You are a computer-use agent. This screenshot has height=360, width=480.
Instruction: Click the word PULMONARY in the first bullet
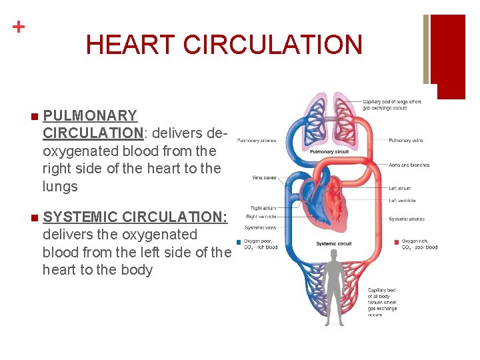pos(90,116)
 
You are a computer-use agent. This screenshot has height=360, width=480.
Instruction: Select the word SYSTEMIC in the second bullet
pos(80,217)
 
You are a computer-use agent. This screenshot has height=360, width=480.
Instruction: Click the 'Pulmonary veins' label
pos(406,141)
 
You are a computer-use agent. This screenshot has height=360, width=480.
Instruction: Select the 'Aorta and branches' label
pos(409,165)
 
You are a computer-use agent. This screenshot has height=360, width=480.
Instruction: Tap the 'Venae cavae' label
pos(264,177)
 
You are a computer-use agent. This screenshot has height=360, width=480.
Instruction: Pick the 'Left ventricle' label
pos(403,201)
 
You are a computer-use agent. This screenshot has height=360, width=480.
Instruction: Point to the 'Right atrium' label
pos(263,208)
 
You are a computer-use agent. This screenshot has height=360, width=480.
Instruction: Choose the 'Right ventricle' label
pos(261,217)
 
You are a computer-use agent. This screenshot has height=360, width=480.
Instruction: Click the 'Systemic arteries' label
pos(406,219)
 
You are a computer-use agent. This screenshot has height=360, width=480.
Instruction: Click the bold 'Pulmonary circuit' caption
pos(329,152)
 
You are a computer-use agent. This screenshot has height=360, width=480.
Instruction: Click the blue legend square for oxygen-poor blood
pos(239,241)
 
